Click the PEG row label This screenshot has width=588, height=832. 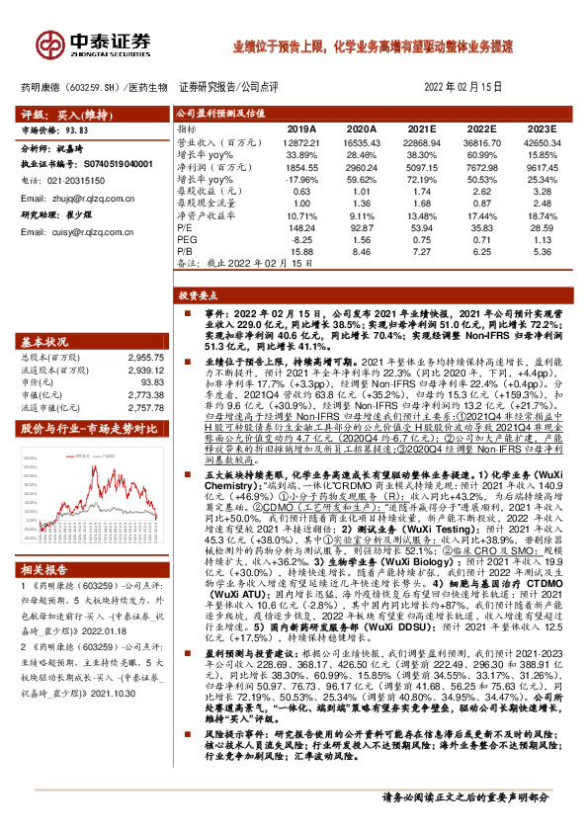click(188, 239)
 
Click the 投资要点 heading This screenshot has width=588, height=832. click(200, 295)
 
